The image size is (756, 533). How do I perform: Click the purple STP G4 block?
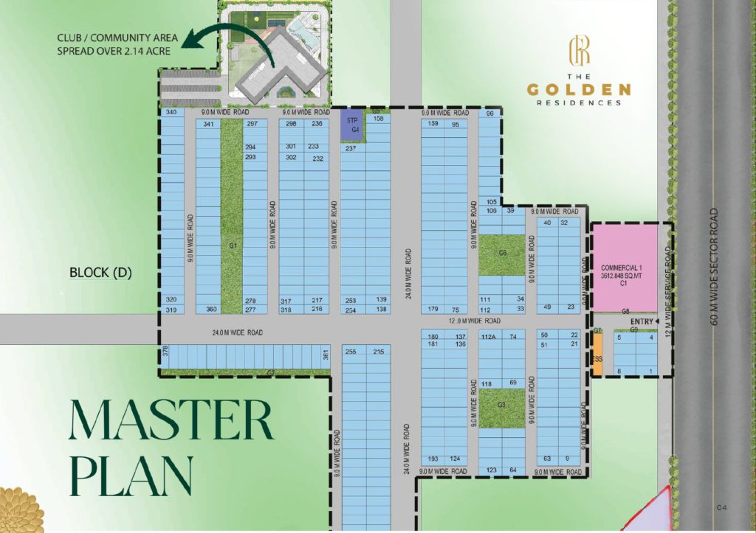(352, 126)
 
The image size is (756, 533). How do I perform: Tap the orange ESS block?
(597, 359)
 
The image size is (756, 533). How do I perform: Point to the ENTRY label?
(642, 321)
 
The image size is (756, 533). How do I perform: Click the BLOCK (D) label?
(100, 273)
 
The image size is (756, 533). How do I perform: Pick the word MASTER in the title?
(171, 421)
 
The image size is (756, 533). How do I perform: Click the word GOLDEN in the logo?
(579, 90)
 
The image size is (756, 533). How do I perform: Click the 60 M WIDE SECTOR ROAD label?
(713, 266)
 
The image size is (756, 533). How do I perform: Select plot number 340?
(171, 112)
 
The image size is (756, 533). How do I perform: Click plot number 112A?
(487, 337)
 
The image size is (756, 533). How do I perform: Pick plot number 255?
(351, 352)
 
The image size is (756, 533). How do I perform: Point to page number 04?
(722, 508)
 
